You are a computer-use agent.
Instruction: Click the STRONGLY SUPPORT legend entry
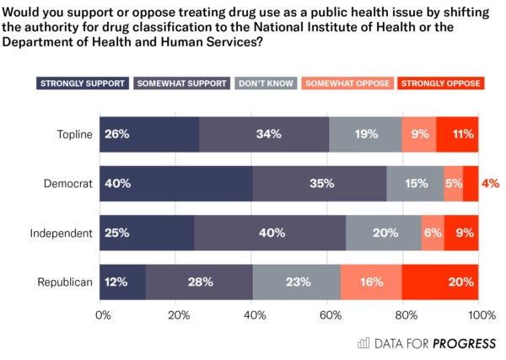click(x=83, y=83)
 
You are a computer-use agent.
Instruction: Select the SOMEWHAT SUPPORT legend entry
click(x=181, y=83)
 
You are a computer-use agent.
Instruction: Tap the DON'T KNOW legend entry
click(x=266, y=83)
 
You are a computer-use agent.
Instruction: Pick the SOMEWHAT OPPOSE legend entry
click(x=347, y=83)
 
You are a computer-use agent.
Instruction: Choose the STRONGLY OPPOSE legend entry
click(x=439, y=83)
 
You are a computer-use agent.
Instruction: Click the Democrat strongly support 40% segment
click(x=176, y=183)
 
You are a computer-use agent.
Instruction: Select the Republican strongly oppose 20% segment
click(x=440, y=282)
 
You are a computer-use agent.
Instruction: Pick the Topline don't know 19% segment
click(x=365, y=134)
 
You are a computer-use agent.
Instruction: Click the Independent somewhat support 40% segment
click(x=270, y=233)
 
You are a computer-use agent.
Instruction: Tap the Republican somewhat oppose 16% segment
click(x=371, y=282)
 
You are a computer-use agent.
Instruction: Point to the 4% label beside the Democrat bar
click(x=490, y=183)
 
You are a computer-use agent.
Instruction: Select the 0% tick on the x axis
click(x=103, y=314)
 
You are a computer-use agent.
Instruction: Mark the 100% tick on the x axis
click(x=482, y=314)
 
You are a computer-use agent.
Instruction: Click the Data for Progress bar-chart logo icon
click(x=363, y=342)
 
